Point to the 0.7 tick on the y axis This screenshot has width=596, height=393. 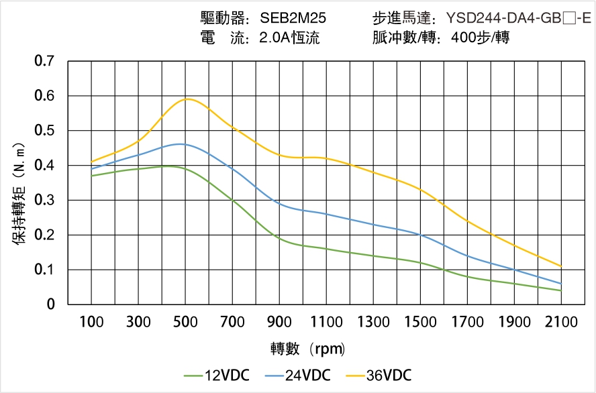(x=44, y=62)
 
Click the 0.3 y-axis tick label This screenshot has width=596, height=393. (x=44, y=201)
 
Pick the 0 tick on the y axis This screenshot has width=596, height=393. (x=51, y=304)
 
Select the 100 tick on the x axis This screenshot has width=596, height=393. (x=91, y=322)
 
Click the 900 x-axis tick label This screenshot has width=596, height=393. (x=279, y=322)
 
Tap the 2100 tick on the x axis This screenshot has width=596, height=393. (x=561, y=322)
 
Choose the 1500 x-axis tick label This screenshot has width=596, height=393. (x=420, y=322)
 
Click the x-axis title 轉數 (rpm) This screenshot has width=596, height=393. (x=307, y=349)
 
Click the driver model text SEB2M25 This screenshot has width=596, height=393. (x=293, y=18)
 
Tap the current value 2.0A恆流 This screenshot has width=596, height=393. (x=289, y=38)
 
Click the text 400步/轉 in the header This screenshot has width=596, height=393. (x=481, y=38)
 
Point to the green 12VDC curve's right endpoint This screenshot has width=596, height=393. (x=561, y=290)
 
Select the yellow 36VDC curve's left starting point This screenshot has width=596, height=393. (x=92, y=162)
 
